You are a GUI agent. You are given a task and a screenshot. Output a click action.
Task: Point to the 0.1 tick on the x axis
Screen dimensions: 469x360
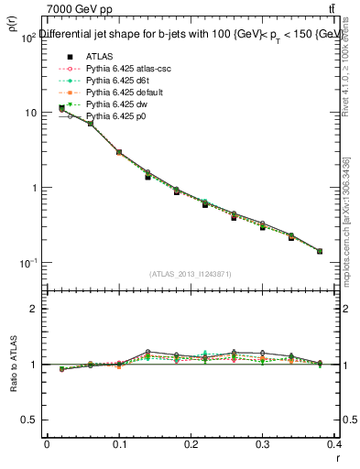pos(119,444)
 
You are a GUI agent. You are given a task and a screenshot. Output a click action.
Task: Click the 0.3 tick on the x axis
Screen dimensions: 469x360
pos(262,444)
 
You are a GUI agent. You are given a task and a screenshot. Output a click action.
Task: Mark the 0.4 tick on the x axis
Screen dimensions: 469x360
pos(333,444)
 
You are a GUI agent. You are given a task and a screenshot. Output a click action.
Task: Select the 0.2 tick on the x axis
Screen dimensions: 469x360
pos(191,444)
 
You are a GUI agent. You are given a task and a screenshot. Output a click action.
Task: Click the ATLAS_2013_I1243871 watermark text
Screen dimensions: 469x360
pos(191,274)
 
